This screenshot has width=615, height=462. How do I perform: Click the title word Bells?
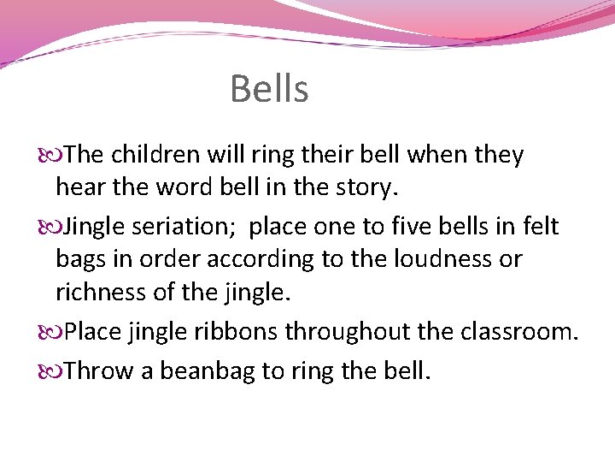pyautogui.click(x=269, y=89)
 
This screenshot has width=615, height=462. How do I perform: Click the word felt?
pyautogui.click(x=540, y=227)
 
